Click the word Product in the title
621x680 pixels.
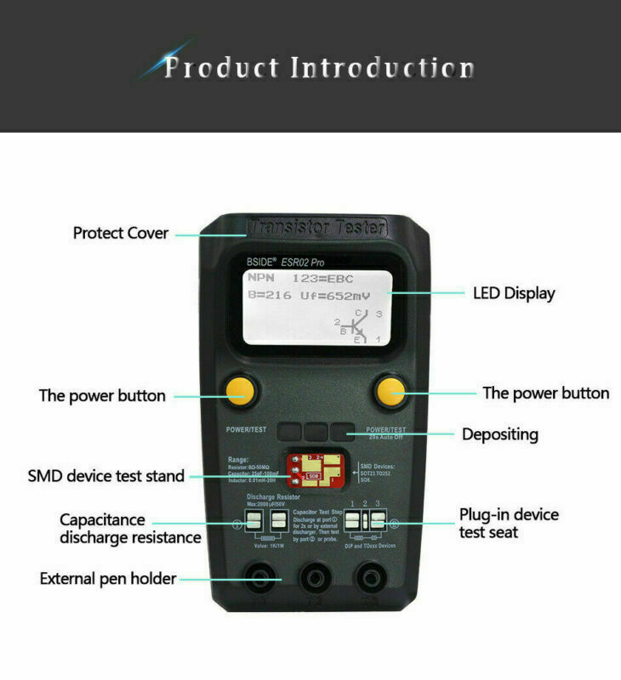220,67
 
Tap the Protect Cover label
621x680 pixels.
121,233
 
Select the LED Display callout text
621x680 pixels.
514,293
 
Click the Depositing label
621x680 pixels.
500,434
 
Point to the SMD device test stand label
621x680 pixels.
106,476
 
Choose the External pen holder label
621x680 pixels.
108,579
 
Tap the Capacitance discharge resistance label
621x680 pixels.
130,529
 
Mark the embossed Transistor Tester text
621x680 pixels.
316,227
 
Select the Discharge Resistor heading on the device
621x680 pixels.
275,496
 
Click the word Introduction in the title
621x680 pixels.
383,67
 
